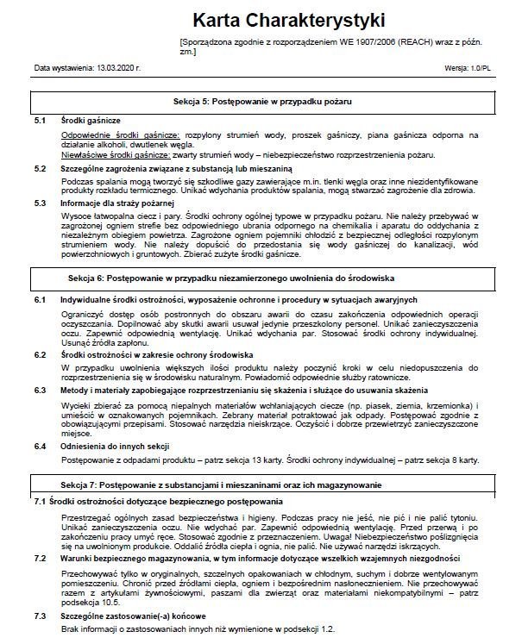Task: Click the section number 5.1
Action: [x=40, y=122]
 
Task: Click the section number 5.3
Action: [x=40, y=203]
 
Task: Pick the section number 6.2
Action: [x=40, y=354]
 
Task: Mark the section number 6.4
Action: [x=40, y=446]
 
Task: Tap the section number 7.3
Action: [x=40, y=616]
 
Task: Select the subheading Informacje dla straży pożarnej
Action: [x=116, y=203]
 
